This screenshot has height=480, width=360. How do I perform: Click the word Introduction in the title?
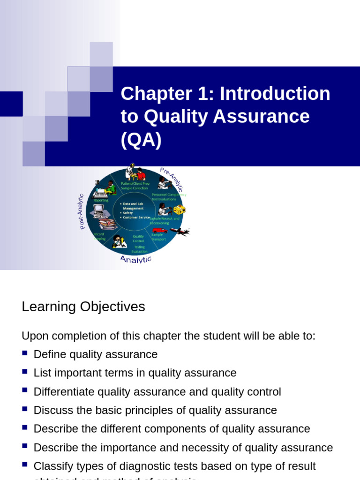coord(275,94)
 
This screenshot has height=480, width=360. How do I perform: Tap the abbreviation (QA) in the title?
coord(141,140)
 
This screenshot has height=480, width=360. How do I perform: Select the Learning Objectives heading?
coord(83,307)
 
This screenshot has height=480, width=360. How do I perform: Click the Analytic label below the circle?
coord(136,259)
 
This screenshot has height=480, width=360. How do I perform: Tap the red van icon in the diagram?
coord(160,230)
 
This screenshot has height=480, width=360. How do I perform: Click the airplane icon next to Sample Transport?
coord(180,231)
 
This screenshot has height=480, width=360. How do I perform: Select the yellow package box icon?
coord(180,210)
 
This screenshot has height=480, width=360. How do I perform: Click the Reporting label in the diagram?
coord(101,200)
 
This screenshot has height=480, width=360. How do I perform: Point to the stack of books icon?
coord(107,225)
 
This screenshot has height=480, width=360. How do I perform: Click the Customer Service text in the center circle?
coord(136,217)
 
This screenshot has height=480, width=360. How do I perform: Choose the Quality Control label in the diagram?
coord(138,239)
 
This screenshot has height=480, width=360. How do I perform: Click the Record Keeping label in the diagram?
coord(99,236)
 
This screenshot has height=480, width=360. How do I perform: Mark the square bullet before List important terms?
coord(25,372)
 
